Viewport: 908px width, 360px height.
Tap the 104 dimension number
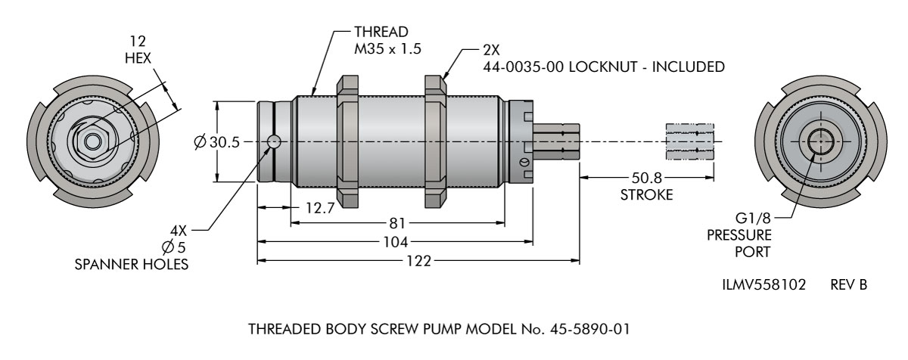(x=394, y=242)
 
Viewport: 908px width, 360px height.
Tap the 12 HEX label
(x=138, y=48)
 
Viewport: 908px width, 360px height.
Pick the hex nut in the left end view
(x=92, y=141)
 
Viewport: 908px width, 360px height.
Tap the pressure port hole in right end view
(x=819, y=141)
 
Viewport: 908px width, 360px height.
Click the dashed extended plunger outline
(x=689, y=141)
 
